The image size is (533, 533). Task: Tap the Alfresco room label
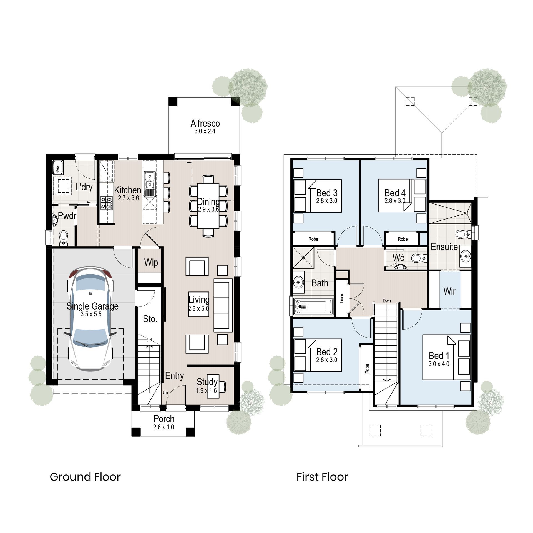tap(205, 124)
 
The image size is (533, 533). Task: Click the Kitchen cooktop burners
tap(106, 203)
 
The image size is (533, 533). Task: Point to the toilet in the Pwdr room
tap(64, 238)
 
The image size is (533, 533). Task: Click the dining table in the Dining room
tap(208, 205)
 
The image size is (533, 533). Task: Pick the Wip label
tap(151, 262)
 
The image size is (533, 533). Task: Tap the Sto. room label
tap(150, 319)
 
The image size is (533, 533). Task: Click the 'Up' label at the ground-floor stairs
tap(165, 393)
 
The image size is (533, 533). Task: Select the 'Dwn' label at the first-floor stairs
tap(387, 301)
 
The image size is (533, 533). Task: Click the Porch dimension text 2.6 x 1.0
tap(164, 427)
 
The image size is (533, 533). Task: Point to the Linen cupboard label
tap(342, 298)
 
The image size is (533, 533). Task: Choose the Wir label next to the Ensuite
tap(449, 291)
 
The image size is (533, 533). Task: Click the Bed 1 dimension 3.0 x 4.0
tap(439, 364)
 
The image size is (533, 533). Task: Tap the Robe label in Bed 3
tap(313, 239)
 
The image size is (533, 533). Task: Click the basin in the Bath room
tap(298, 283)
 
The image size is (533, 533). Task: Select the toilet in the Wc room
tap(418, 258)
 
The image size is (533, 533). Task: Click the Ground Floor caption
tap(85, 477)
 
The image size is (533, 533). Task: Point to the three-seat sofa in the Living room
tap(223, 305)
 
